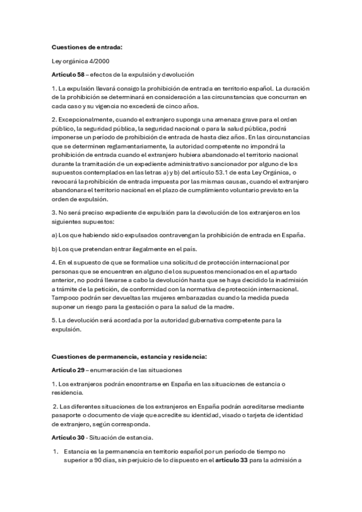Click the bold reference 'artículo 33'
coord(232,462)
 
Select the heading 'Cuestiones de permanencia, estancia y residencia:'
coord(129,357)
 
